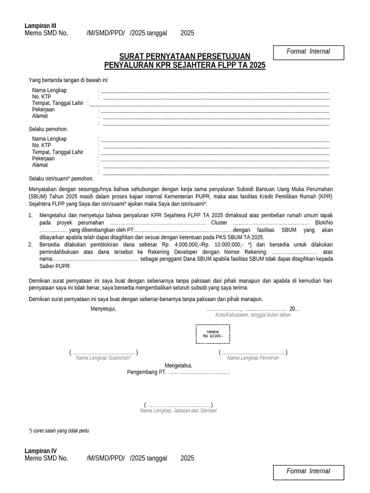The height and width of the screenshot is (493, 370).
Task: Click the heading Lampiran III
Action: pos(40,26)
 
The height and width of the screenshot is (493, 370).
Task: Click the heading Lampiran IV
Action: pos(40,451)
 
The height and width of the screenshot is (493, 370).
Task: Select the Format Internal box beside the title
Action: pos(308,52)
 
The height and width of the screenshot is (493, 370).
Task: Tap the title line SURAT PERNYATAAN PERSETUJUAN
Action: pos(185,56)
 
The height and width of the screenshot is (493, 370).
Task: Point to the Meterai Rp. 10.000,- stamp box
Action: pos(212,334)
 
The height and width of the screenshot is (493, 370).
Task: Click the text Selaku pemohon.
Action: pos(48,129)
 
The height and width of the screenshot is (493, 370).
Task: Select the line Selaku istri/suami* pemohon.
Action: pos(61,178)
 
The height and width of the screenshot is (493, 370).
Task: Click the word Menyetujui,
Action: pos(103,309)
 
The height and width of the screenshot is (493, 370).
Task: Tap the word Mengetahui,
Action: pos(178,365)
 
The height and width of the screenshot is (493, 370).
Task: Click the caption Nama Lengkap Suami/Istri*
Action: pos(104,358)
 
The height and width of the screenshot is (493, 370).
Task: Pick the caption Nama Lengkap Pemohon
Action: pos(253,358)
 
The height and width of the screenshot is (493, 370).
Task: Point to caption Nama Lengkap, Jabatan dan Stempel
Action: pos(178,411)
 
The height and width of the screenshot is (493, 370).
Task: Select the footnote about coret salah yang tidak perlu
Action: pos(59,431)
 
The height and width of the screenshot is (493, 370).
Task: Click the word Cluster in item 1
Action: pos(220,223)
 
